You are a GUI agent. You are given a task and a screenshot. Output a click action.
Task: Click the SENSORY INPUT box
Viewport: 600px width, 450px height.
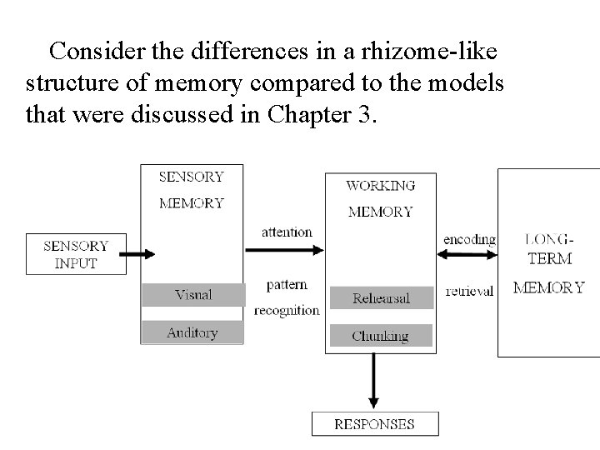76,254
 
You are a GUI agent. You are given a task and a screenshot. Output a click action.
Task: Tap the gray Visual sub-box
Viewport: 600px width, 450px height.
193,294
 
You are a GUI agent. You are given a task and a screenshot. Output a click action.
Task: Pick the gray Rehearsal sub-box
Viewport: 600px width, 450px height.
380,297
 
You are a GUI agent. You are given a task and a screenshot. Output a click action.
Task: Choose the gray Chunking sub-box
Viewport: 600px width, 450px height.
380,336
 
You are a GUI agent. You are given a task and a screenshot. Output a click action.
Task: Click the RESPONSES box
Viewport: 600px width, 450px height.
374,423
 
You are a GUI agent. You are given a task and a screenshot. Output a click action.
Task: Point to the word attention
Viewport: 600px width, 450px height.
287,232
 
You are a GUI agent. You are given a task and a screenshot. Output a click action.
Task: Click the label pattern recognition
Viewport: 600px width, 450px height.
287,297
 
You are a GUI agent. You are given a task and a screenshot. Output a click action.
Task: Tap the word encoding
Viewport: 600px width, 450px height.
469,239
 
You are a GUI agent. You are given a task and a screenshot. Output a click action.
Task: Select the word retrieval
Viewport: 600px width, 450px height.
469,291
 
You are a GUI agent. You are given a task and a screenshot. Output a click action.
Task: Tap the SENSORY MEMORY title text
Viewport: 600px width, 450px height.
191,189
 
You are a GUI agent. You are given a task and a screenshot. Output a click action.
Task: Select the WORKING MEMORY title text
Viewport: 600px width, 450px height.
380,198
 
